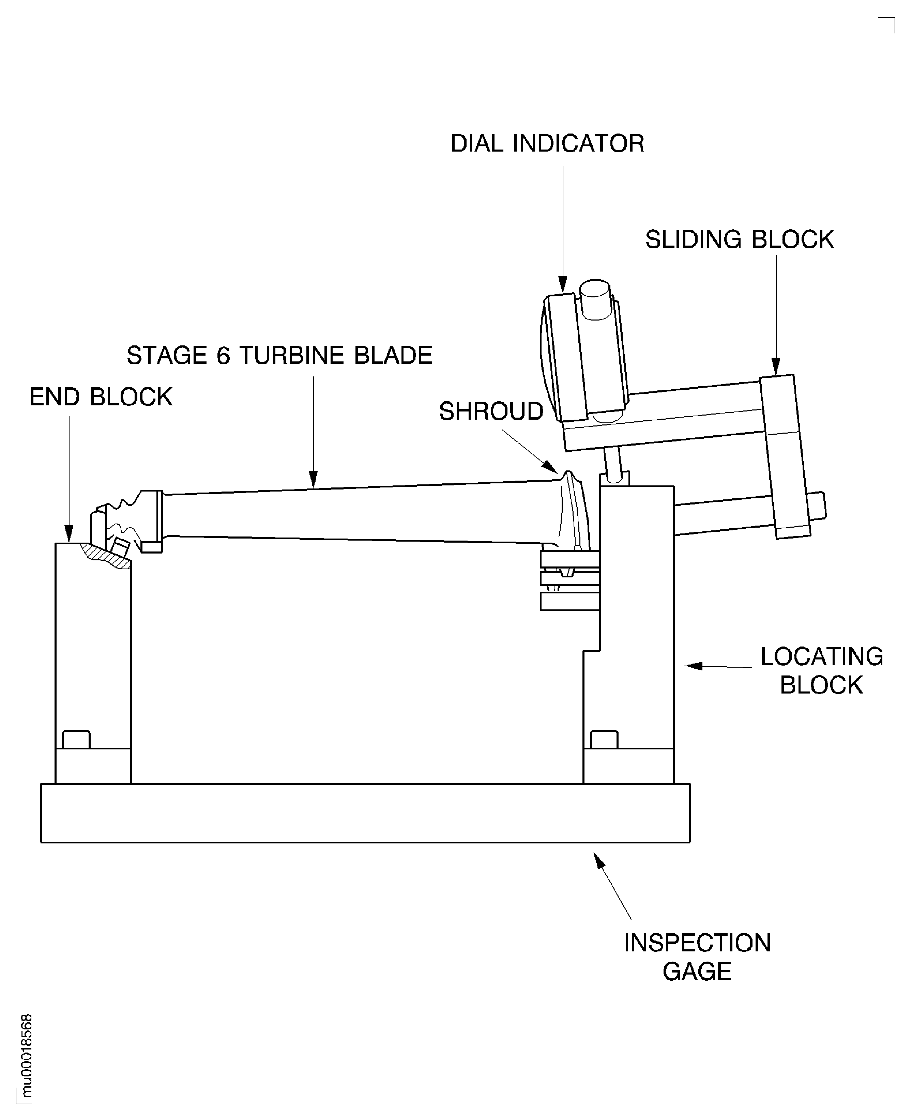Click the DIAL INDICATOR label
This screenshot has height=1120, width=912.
pyautogui.click(x=547, y=143)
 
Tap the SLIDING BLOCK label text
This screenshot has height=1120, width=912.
pyautogui.click(x=739, y=239)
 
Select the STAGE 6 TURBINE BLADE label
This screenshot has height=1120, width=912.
pyautogui.click(x=279, y=356)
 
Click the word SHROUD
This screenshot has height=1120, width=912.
pyautogui.click(x=491, y=411)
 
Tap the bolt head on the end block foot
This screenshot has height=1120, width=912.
pyautogui.click(x=76, y=739)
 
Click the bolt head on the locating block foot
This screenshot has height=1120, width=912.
pyautogui.click(x=604, y=739)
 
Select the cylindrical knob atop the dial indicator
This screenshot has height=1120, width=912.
pyautogui.click(x=595, y=300)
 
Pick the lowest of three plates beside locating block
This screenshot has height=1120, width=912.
pyautogui.click(x=569, y=601)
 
